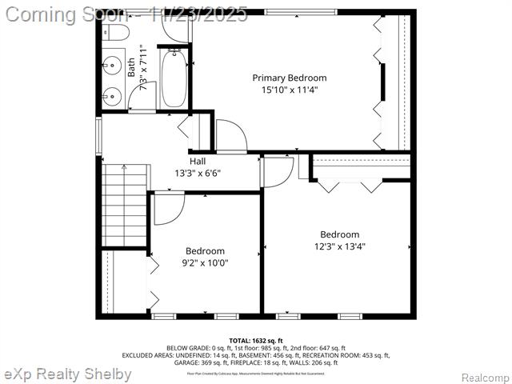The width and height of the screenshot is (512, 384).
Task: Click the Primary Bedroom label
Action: click(290, 78)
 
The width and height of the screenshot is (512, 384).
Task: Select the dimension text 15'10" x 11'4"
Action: click(290, 90)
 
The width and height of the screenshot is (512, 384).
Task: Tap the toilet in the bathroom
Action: click(117, 33)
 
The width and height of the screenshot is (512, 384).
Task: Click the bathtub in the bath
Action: click(174, 78)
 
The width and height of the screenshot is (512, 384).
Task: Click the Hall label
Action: click(198, 161)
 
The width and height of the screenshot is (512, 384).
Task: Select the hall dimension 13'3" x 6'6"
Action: click(198, 173)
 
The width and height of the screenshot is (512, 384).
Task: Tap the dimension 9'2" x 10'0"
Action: click(206, 263)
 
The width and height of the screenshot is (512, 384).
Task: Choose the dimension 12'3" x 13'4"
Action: click(340, 246)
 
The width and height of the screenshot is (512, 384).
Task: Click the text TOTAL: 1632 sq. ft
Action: click(256, 341)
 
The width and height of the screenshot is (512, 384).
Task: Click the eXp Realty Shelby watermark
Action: click(68, 374)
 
